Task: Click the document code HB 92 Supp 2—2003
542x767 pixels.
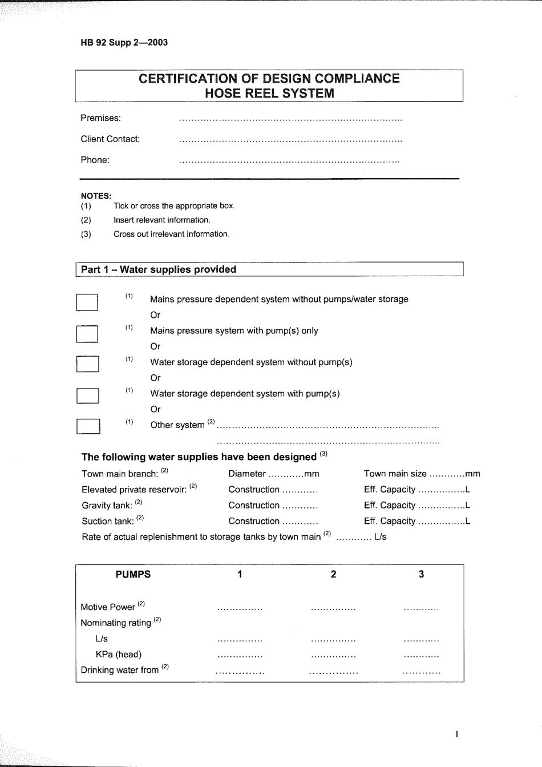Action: click(124, 42)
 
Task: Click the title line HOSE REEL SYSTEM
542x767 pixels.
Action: click(269, 94)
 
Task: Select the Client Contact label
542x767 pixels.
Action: click(110, 139)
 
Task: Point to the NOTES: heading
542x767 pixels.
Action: click(96, 196)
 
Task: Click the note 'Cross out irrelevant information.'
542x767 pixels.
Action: click(171, 234)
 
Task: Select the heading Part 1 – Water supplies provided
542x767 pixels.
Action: click(159, 269)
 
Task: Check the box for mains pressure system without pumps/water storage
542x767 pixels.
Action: click(87, 302)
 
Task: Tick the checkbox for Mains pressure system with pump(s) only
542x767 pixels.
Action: click(87, 334)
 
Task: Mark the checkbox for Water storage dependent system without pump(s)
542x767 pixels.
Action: click(87, 364)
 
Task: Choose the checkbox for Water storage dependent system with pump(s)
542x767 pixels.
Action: click(87, 395)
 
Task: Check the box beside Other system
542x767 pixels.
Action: click(88, 426)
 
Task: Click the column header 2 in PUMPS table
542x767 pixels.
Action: click(333, 574)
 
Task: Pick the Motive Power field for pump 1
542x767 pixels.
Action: click(240, 609)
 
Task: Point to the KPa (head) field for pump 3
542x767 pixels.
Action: click(421, 656)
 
